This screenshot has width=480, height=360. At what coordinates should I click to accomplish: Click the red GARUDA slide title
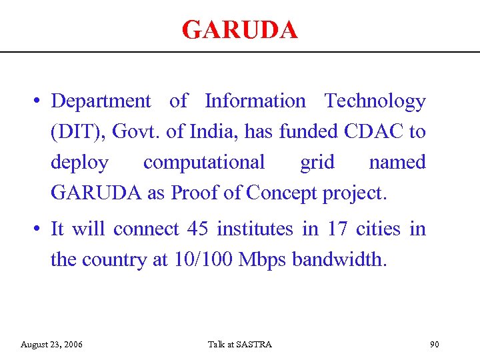[x=239, y=30]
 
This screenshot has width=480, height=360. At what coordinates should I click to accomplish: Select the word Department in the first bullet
[x=101, y=101]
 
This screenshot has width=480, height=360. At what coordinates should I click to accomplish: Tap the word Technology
[x=375, y=101]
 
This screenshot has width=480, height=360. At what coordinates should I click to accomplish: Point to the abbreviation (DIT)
[x=75, y=132]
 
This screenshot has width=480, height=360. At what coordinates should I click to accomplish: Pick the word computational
[x=203, y=163]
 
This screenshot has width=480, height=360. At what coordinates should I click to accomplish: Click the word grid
[x=317, y=163]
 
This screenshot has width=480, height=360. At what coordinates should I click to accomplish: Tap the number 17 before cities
[x=337, y=229]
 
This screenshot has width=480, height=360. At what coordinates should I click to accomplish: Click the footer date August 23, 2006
[x=52, y=345]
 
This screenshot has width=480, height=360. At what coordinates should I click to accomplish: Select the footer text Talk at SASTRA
[x=239, y=345]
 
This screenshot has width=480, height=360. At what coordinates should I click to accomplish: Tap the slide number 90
[x=435, y=345]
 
